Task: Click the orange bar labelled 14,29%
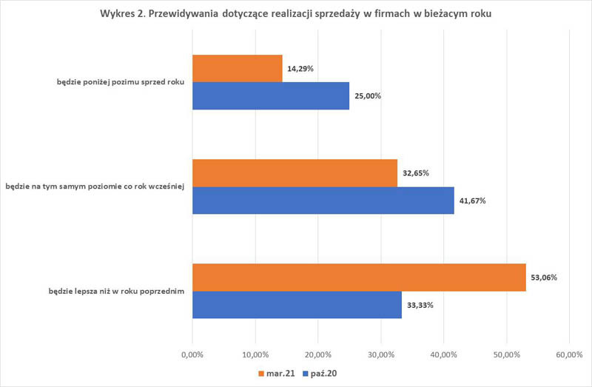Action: point(237,68)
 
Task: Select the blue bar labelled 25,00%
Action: point(270,95)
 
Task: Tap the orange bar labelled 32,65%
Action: point(295,173)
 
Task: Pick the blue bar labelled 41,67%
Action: point(323,200)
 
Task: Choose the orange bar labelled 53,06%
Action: point(359,277)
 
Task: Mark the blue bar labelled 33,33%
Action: point(297,304)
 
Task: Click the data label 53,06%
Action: point(544,277)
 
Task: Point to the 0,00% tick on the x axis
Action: point(192,354)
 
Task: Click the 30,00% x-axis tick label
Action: point(380,354)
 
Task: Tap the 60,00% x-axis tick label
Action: point(568,354)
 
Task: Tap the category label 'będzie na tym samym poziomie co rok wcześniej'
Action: point(98,186)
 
